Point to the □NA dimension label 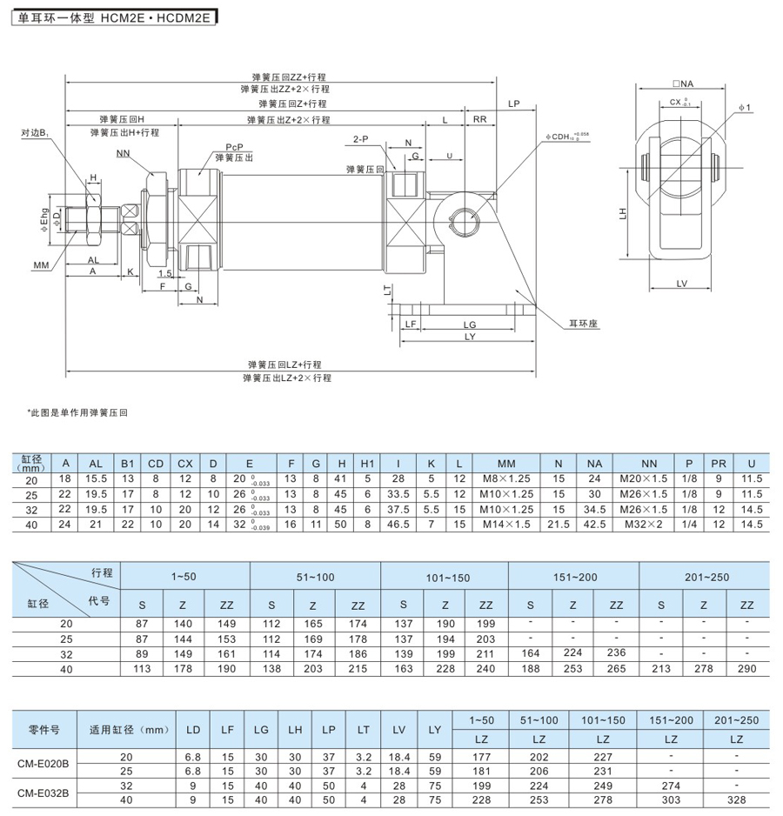682,84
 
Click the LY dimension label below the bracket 470,337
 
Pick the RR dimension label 478,118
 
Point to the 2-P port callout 361,139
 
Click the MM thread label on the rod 41,264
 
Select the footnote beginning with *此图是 77,411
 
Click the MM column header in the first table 506,464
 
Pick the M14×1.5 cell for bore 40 506,525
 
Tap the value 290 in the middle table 746,669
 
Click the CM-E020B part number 43,763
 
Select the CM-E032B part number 43,793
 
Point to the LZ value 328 736,799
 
